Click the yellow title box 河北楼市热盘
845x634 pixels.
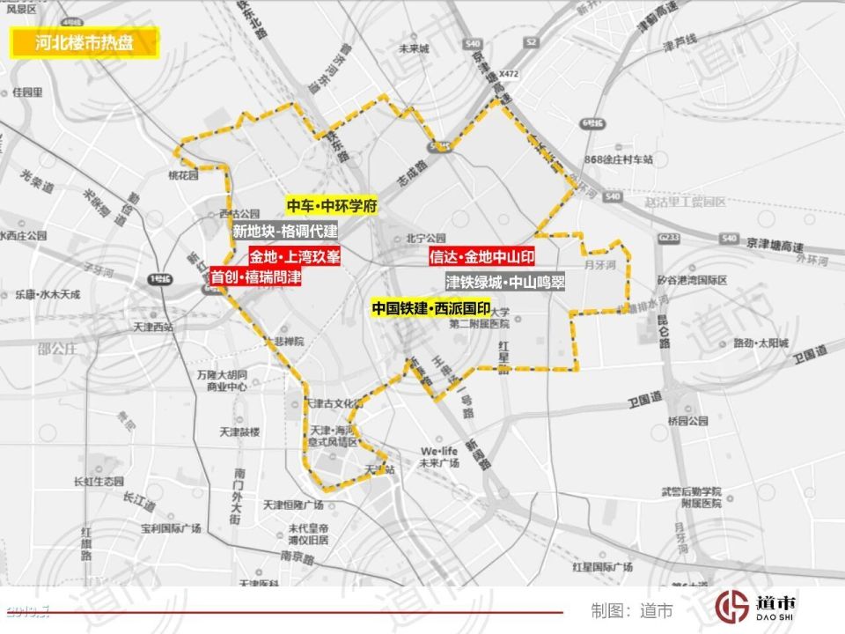click(x=84, y=42)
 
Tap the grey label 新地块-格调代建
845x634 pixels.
click(x=285, y=232)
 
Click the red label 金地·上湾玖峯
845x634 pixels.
click(x=294, y=257)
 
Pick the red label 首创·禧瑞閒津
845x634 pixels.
click(x=256, y=277)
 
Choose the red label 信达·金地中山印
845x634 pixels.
click(x=481, y=257)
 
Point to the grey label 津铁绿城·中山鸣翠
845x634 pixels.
click(x=504, y=283)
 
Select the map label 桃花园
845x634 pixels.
click(x=184, y=175)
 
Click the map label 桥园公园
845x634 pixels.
click(x=687, y=421)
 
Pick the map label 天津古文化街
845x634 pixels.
click(x=334, y=402)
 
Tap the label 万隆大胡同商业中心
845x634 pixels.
click(x=222, y=380)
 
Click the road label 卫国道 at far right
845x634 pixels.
click(x=809, y=353)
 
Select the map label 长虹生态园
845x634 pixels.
click(x=99, y=481)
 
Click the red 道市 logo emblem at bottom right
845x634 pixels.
click(x=731, y=607)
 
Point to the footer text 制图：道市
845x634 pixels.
click(x=632, y=609)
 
